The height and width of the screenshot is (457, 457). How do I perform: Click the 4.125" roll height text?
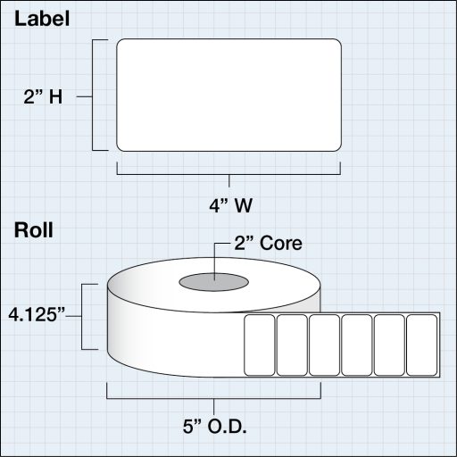[x=37, y=315]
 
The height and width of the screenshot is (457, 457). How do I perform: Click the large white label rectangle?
[x=229, y=95]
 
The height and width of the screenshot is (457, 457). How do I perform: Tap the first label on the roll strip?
[x=259, y=345]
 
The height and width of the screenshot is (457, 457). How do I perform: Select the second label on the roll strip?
[x=292, y=345]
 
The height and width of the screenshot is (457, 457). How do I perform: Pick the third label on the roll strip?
[x=324, y=345]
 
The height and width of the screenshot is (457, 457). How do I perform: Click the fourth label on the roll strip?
[x=357, y=345]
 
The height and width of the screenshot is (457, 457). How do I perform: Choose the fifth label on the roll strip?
[x=389, y=345]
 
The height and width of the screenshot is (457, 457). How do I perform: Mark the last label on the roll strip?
[x=421, y=345]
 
